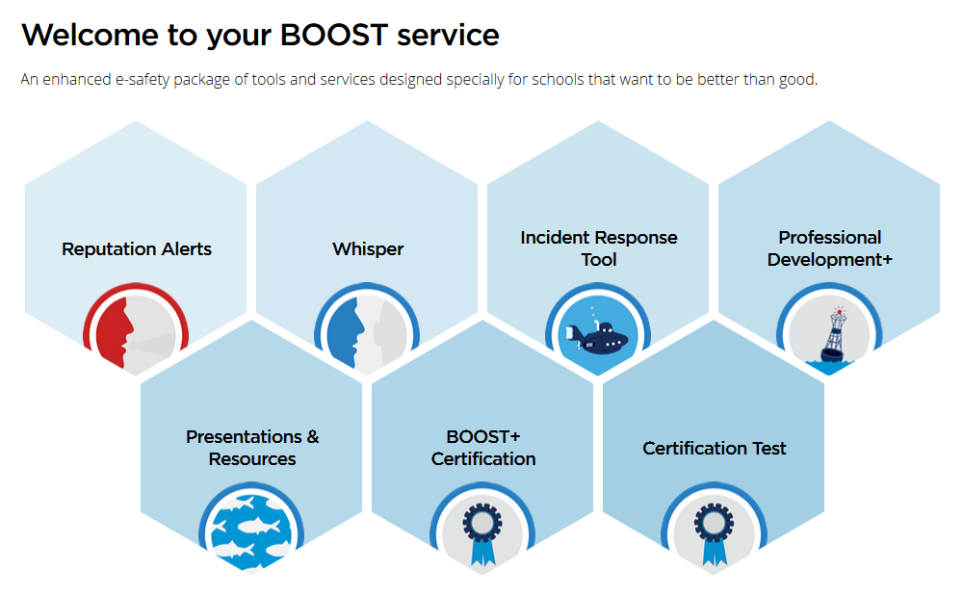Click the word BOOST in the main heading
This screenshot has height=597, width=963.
334,35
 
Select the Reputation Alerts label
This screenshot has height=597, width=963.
137,248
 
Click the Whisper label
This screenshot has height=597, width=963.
368,248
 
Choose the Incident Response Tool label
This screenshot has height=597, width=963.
599,248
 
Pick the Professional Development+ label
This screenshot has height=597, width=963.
830,248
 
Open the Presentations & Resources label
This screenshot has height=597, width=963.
252,448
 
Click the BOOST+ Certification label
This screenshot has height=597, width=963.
483,448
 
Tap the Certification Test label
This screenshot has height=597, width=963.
715,449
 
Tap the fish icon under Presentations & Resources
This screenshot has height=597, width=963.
251,529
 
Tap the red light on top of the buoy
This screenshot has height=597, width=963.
839,311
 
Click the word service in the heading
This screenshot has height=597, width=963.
448,36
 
